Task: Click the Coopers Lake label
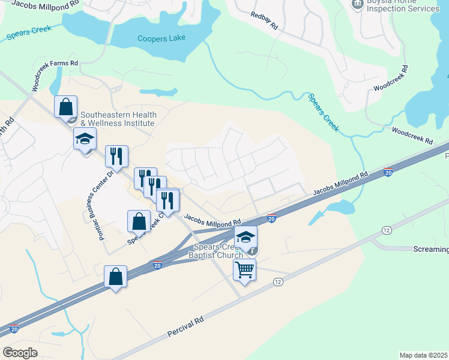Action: pyautogui.click(x=161, y=38)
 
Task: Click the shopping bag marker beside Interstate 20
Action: pyautogui.click(x=116, y=277)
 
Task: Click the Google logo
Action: pyautogui.click(x=20, y=353)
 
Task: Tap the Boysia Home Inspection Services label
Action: pyautogui.click(x=403, y=7)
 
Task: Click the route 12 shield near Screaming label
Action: pyautogui.click(x=386, y=230)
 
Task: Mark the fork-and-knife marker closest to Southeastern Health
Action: pyautogui.click(x=116, y=156)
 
